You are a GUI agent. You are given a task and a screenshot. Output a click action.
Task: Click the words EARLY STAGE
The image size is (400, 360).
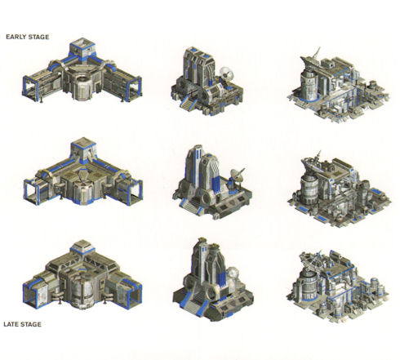pyautogui.click(x=28, y=37)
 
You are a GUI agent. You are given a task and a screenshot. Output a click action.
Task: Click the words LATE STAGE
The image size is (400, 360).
pyautogui.click(x=22, y=324)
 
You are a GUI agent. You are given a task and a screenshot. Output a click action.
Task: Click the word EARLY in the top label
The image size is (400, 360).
pyautogui.click(x=16, y=37)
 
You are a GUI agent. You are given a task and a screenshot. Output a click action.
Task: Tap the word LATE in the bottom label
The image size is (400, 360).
pyautogui.click(x=11, y=324)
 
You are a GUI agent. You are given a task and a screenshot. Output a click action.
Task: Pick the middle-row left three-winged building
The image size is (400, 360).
pyautogui.click(x=83, y=174)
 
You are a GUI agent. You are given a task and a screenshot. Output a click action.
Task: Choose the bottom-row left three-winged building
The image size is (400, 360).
pyautogui.click(x=82, y=276)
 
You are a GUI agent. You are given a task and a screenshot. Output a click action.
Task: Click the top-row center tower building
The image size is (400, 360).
pyautogui.click(x=207, y=82)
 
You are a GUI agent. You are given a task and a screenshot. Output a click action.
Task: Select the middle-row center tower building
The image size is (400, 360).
pyautogui.click(x=211, y=182)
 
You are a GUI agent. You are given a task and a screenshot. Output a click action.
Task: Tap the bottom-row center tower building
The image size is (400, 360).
pyautogui.click(x=213, y=279)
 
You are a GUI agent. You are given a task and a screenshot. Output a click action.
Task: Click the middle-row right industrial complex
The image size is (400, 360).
pyautogui.click(x=340, y=190)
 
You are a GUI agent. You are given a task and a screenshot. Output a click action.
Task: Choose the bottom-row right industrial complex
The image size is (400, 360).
pyautogui.click(x=338, y=287)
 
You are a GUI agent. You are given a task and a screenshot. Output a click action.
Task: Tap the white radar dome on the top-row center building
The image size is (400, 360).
pyautogui.click(x=226, y=73)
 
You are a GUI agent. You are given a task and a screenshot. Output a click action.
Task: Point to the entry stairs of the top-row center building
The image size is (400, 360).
pyautogui.click(x=189, y=104)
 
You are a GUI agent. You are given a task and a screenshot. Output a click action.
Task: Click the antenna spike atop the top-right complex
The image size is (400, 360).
pyautogui.click(x=317, y=52)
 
